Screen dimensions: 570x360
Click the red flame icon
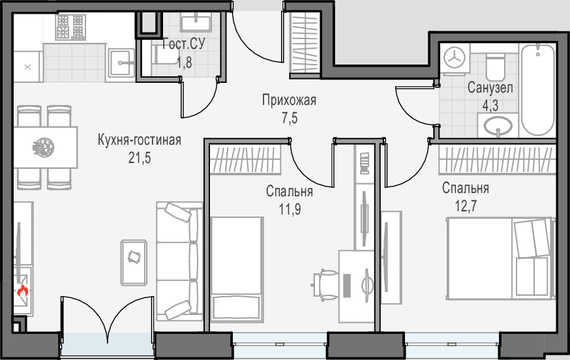(x=23, y=291)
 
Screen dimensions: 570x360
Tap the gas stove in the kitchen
(x=70, y=27)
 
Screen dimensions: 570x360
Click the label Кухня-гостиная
(x=139, y=140)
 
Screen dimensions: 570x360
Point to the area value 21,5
(x=140, y=158)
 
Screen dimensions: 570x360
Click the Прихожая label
(x=289, y=100)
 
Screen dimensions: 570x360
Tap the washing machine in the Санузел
(x=455, y=59)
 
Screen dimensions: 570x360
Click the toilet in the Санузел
(x=495, y=67)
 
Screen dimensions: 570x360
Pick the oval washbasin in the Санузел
(x=498, y=126)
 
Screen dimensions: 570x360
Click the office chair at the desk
(x=325, y=285)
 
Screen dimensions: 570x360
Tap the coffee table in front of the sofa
(x=134, y=262)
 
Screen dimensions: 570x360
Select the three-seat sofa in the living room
(x=179, y=262)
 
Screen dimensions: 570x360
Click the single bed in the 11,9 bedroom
(x=237, y=269)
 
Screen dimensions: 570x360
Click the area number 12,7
(x=466, y=206)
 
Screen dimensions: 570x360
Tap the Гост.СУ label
(x=183, y=44)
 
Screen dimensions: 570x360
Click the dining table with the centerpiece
(x=46, y=147)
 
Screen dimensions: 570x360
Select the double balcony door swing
(x=108, y=316)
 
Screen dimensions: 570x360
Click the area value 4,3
(x=490, y=106)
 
